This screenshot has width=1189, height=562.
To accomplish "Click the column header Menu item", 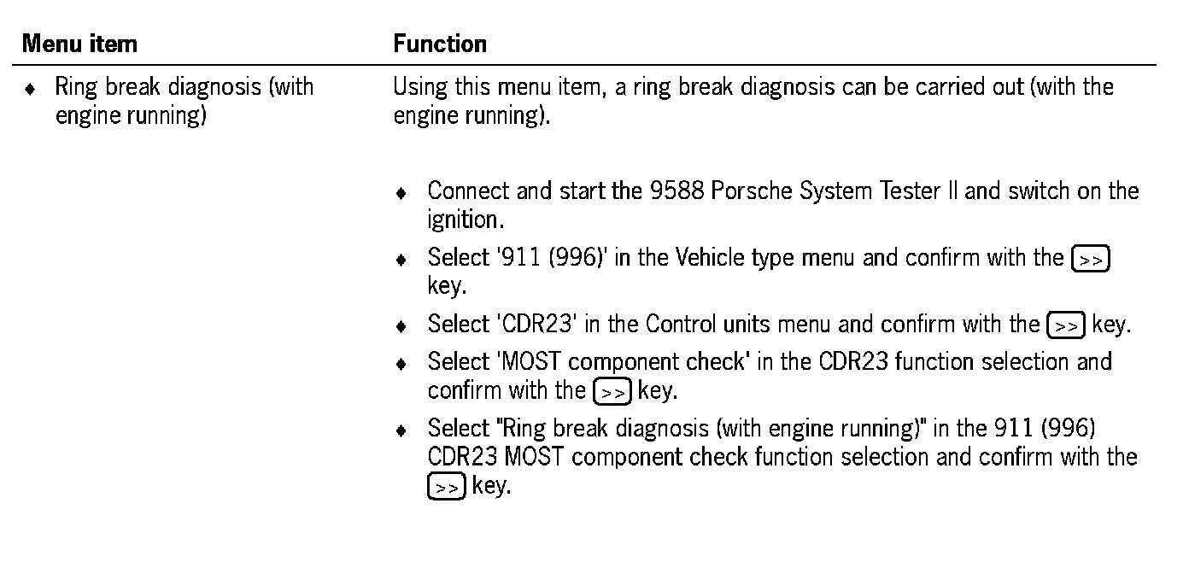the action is (x=79, y=44).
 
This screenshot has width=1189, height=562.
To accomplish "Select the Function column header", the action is (x=440, y=44).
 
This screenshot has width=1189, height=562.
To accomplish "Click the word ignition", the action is (x=464, y=220).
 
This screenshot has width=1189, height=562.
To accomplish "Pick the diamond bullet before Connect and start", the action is (x=401, y=192).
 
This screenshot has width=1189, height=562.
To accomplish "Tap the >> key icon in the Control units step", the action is (x=1066, y=326).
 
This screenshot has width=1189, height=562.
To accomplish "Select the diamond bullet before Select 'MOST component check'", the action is (x=401, y=364).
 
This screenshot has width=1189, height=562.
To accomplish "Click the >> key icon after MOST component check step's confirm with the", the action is (x=612, y=393).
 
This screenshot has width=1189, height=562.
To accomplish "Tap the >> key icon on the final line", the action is (x=446, y=488).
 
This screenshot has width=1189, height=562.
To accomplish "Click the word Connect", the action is (x=469, y=190).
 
